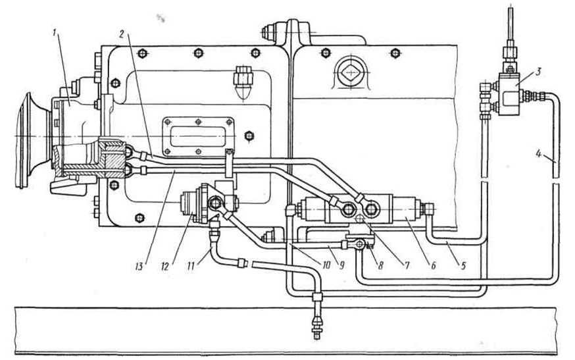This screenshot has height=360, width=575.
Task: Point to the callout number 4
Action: [537, 157]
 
